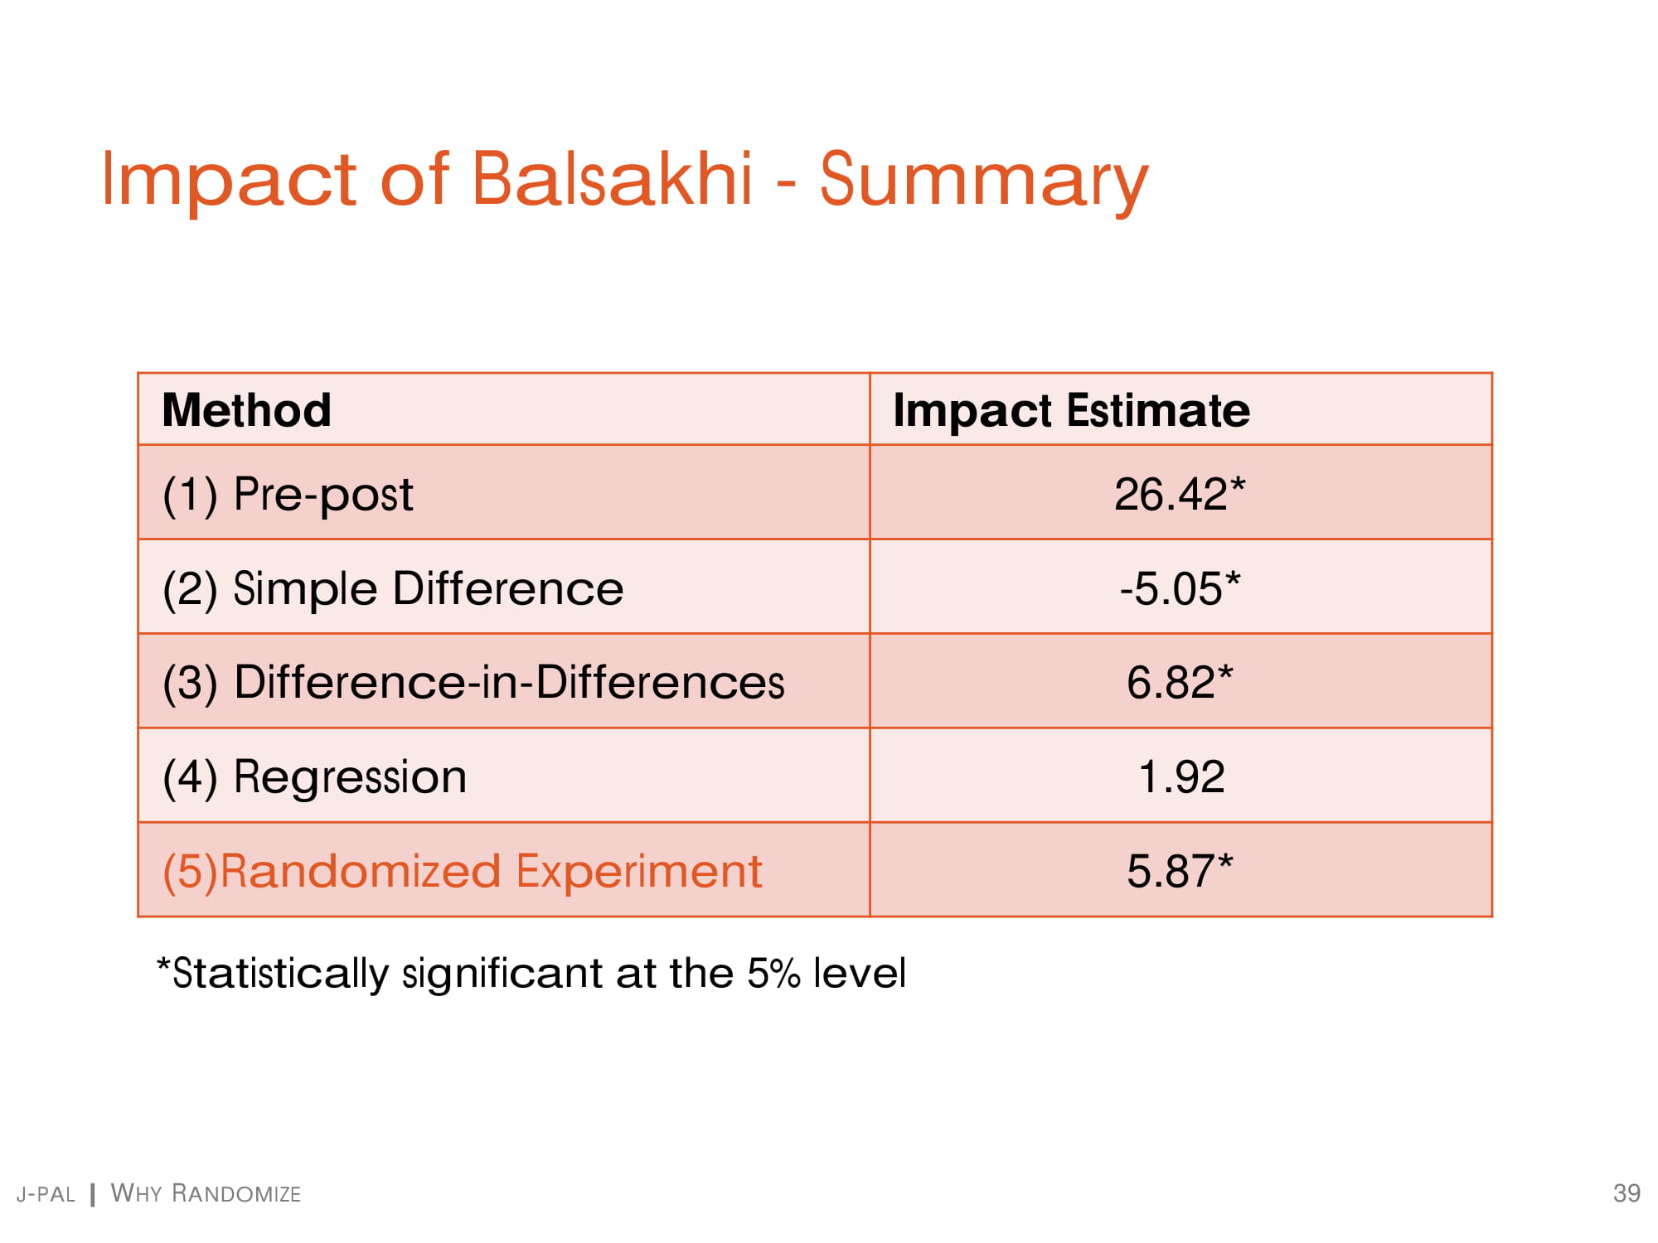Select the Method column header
[247, 410]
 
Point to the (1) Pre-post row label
[288, 496]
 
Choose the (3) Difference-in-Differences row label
[473, 684]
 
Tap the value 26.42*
[1180, 495]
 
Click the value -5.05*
[1180, 589]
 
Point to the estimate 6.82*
[1180, 683]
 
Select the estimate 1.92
[1181, 777]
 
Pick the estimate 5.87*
[1180, 872]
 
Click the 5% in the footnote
[773, 973]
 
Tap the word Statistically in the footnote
[273, 975]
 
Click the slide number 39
[1626, 1193]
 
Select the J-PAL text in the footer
[46, 1194]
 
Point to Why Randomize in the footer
[206, 1193]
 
